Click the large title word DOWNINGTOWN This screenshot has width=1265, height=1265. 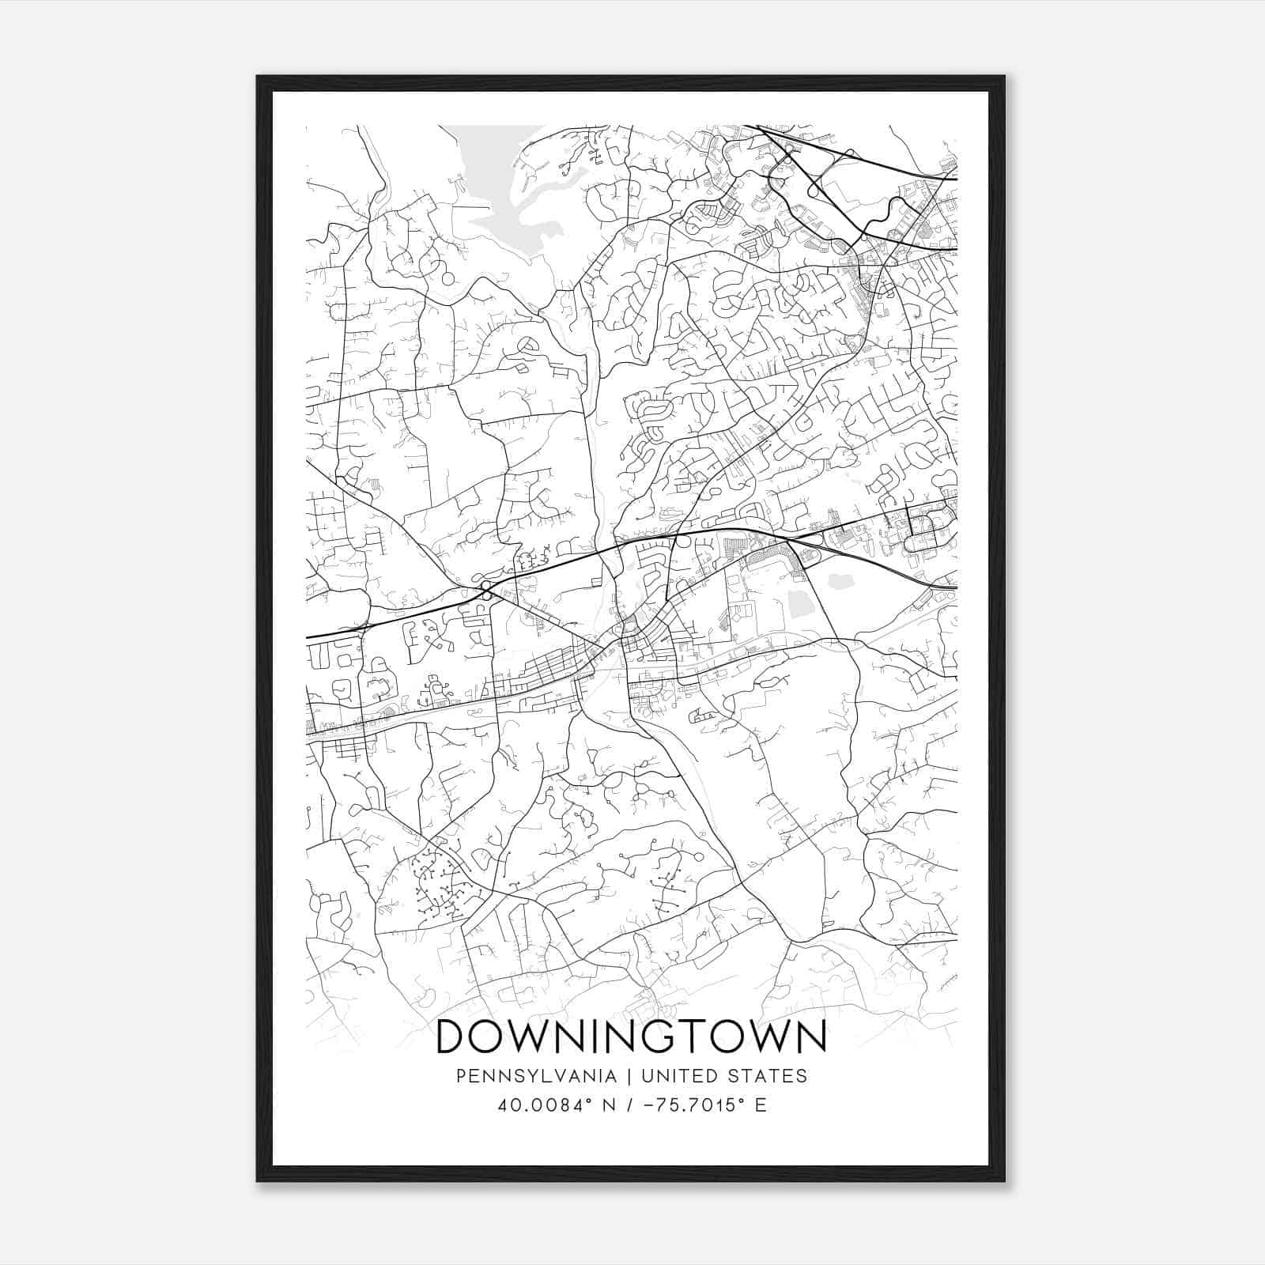pos(631,1036)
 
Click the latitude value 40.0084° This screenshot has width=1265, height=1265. pos(540,1105)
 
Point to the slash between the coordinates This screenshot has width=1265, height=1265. pos(629,1105)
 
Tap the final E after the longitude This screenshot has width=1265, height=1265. pos(761,1105)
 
